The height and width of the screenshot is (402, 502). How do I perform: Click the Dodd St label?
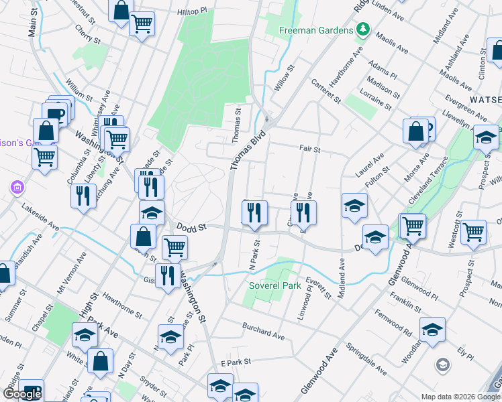coord(191,228)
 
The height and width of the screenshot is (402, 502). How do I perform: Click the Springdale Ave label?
coord(366,359)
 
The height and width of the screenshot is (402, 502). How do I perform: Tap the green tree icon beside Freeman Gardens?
coord(363,29)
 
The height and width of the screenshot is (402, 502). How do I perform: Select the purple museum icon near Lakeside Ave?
coord(17,188)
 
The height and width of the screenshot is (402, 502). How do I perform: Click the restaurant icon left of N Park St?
coord(254,212)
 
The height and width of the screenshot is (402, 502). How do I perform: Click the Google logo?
coord(22,395)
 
